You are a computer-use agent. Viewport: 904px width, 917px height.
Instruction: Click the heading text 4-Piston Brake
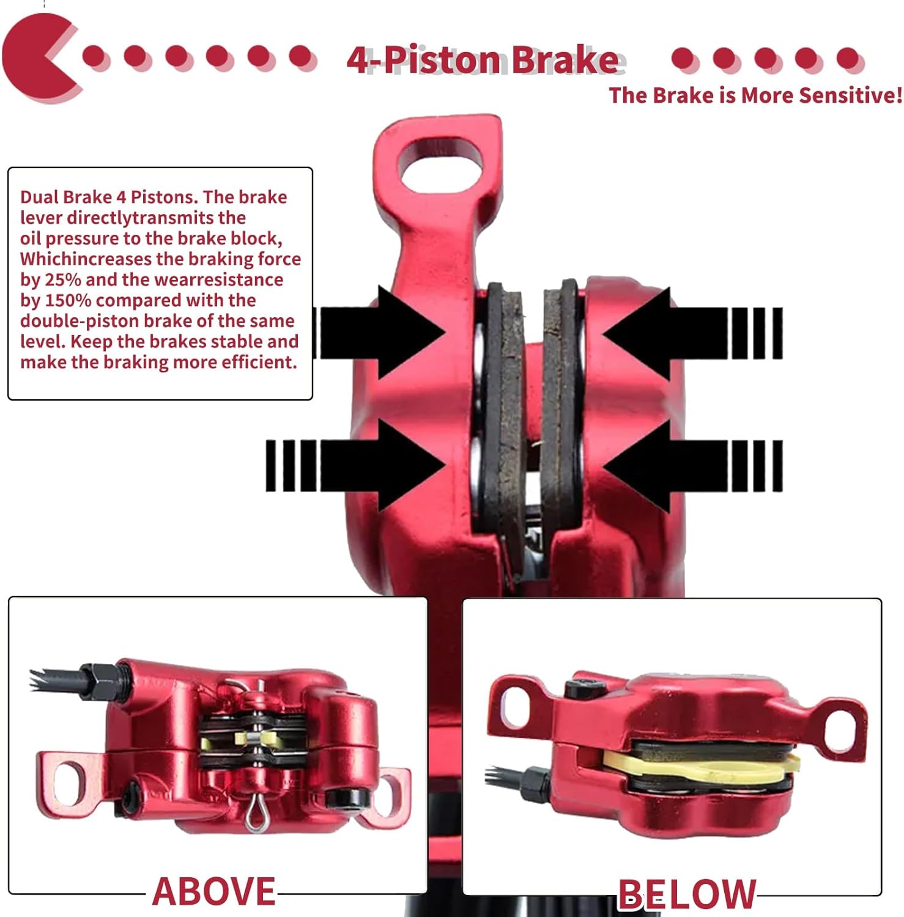coord(482,60)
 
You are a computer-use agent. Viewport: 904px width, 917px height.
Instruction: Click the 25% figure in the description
coord(62,280)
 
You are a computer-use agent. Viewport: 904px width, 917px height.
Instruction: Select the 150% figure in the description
coord(67,301)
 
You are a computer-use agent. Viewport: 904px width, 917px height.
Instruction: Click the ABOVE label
coord(213,891)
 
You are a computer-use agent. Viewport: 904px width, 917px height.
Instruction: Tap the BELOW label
coord(687,894)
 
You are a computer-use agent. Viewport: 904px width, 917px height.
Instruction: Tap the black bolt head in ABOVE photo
coord(346,798)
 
